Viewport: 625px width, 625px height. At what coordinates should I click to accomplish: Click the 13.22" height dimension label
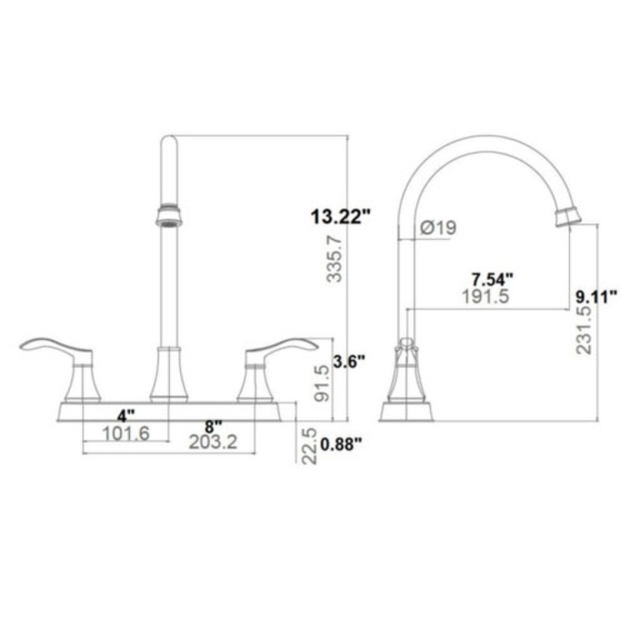tap(341, 217)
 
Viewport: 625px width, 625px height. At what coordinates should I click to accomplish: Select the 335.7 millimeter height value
tap(334, 259)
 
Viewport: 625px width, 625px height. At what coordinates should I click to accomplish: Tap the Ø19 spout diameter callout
tap(438, 228)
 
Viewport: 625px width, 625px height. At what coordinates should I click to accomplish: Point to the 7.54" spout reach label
tap(493, 280)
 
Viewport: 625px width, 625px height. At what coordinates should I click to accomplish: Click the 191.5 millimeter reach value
tap(485, 296)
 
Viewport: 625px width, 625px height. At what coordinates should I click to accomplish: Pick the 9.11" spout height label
tap(596, 296)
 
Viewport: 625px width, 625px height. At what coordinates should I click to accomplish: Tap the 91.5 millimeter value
tap(323, 384)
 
